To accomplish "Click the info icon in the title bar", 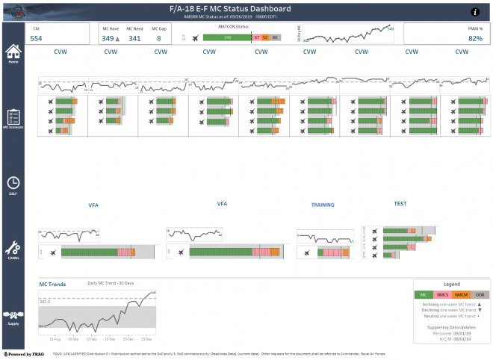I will point(475,12).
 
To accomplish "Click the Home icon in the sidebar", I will point(13,52).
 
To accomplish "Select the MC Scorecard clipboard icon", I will point(13,117).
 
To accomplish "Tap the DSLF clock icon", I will point(13,183).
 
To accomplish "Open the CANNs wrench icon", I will point(13,248).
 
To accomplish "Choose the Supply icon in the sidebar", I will point(13,316).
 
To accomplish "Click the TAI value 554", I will point(36,38).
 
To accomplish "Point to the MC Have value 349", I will point(108,38).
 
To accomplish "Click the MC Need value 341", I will point(134,38).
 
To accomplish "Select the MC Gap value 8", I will point(159,38).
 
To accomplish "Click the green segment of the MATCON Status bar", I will point(227,37).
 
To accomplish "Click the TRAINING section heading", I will point(323,204).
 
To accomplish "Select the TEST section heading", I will point(400,203).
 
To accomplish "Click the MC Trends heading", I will point(53,285).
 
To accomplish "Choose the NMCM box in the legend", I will point(461,295).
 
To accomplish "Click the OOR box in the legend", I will point(480,295).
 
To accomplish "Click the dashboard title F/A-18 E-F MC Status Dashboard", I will point(246,8).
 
